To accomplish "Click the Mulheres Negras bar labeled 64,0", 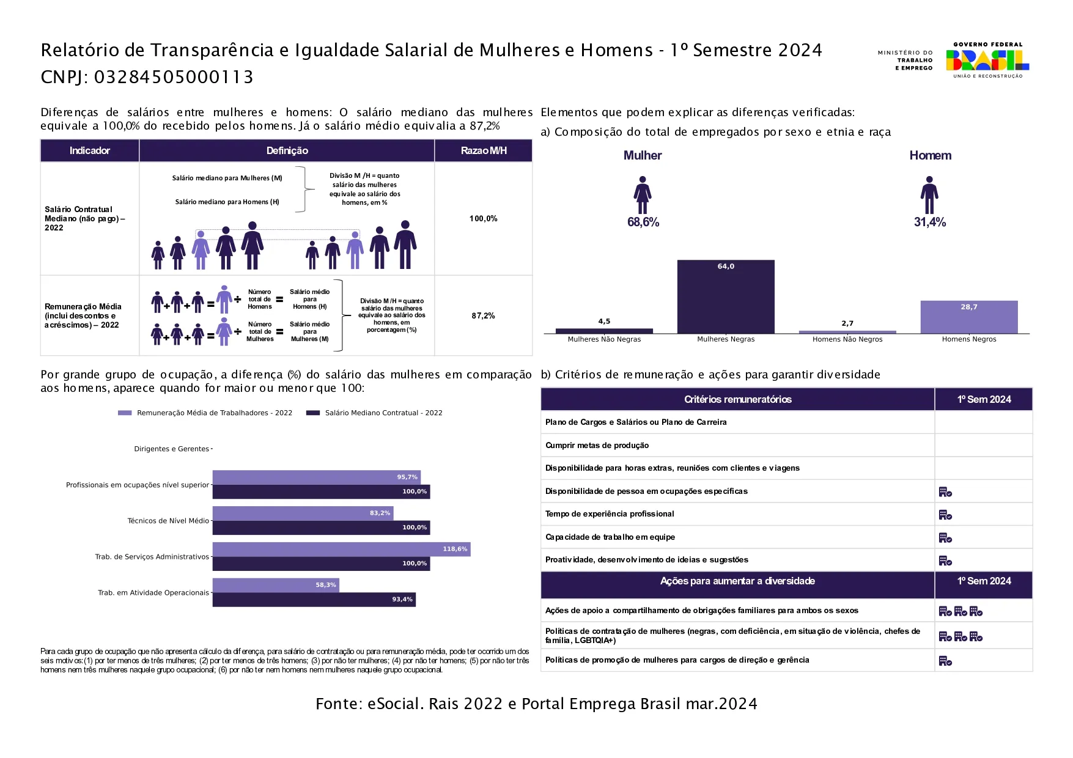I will [726, 297].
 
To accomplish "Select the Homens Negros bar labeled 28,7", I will [969, 317].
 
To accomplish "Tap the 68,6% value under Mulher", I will [643, 223].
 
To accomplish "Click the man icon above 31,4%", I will [929, 195].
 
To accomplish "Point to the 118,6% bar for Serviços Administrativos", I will [341, 550].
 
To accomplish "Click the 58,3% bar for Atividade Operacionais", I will [275, 585].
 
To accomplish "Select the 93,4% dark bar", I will [314, 600].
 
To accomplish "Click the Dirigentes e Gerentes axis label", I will [172, 449].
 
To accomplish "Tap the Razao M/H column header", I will [483, 150].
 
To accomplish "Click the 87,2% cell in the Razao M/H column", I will [483, 316].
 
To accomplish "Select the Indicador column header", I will [89, 150].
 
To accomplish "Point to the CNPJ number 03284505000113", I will [174, 77].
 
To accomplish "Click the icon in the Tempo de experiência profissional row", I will [945, 515].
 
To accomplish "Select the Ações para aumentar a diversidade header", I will [737, 581].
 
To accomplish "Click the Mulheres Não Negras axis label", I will [604, 339].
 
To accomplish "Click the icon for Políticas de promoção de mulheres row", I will [945, 661].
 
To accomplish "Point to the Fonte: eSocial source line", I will [536, 704].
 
